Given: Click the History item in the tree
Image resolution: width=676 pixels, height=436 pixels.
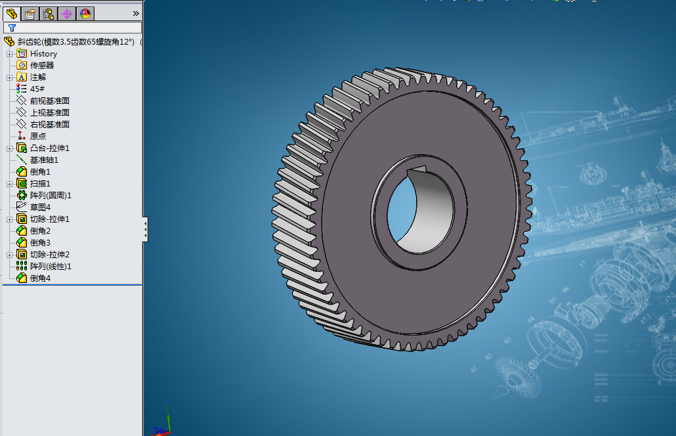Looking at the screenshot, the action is click(43, 53).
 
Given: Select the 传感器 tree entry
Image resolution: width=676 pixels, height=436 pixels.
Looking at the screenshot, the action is click(42, 65).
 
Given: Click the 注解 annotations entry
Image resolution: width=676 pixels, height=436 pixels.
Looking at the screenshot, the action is click(38, 77).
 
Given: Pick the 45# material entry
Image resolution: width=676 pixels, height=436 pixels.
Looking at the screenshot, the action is click(37, 89).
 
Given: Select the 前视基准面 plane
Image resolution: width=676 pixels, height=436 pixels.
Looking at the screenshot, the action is click(50, 100).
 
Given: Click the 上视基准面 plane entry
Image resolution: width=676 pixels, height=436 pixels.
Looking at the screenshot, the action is click(50, 112).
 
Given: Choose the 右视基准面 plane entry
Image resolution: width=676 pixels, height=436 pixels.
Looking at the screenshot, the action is click(50, 124).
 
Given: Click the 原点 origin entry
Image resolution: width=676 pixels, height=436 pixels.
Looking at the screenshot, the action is click(38, 137).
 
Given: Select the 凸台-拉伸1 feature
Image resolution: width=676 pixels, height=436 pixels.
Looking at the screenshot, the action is click(50, 148).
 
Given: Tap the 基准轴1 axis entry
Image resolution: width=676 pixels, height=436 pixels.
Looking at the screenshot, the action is click(44, 160).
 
